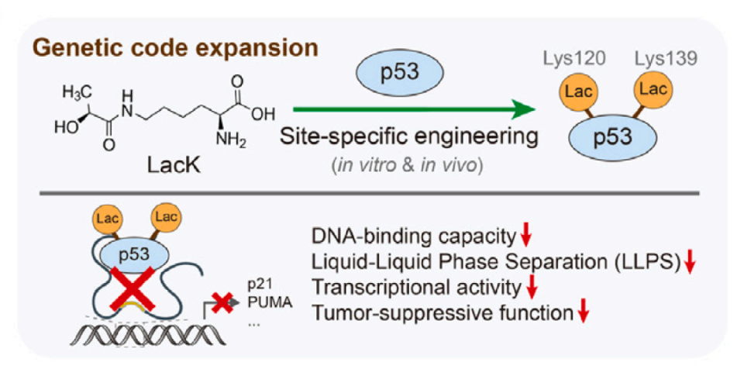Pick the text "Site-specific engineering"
[x=409, y=140]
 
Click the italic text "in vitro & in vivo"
[x=409, y=164]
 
